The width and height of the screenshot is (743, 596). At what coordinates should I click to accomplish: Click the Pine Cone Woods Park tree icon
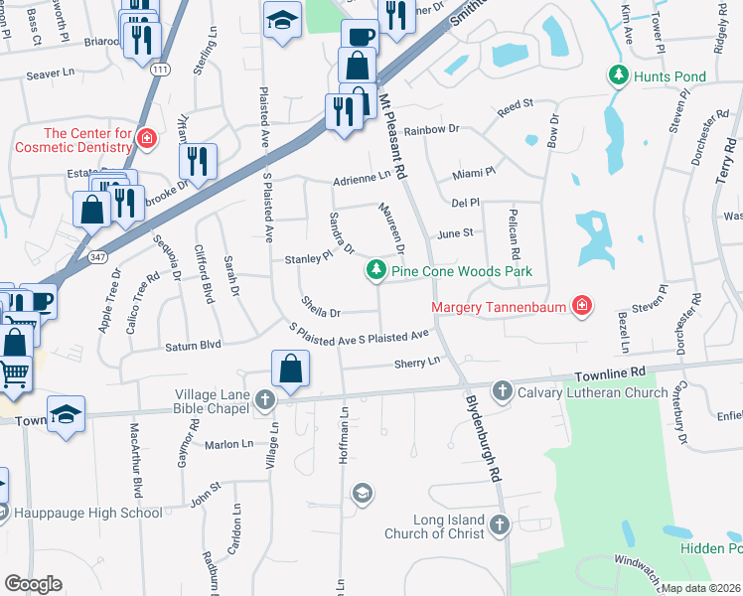click(x=376, y=270)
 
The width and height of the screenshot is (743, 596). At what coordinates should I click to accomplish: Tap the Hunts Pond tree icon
click(x=619, y=75)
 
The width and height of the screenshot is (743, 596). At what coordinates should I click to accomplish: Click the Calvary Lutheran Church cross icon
click(x=503, y=390)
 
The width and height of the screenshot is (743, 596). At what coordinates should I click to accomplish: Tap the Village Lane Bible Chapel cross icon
click(x=264, y=399)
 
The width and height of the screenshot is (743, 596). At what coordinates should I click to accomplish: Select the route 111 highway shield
click(x=160, y=68)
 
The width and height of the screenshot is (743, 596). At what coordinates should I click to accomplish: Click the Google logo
click(x=33, y=584)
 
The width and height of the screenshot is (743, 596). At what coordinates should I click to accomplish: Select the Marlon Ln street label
click(x=230, y=444)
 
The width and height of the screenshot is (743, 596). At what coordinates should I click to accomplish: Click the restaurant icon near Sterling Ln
click(x=198, y=161)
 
